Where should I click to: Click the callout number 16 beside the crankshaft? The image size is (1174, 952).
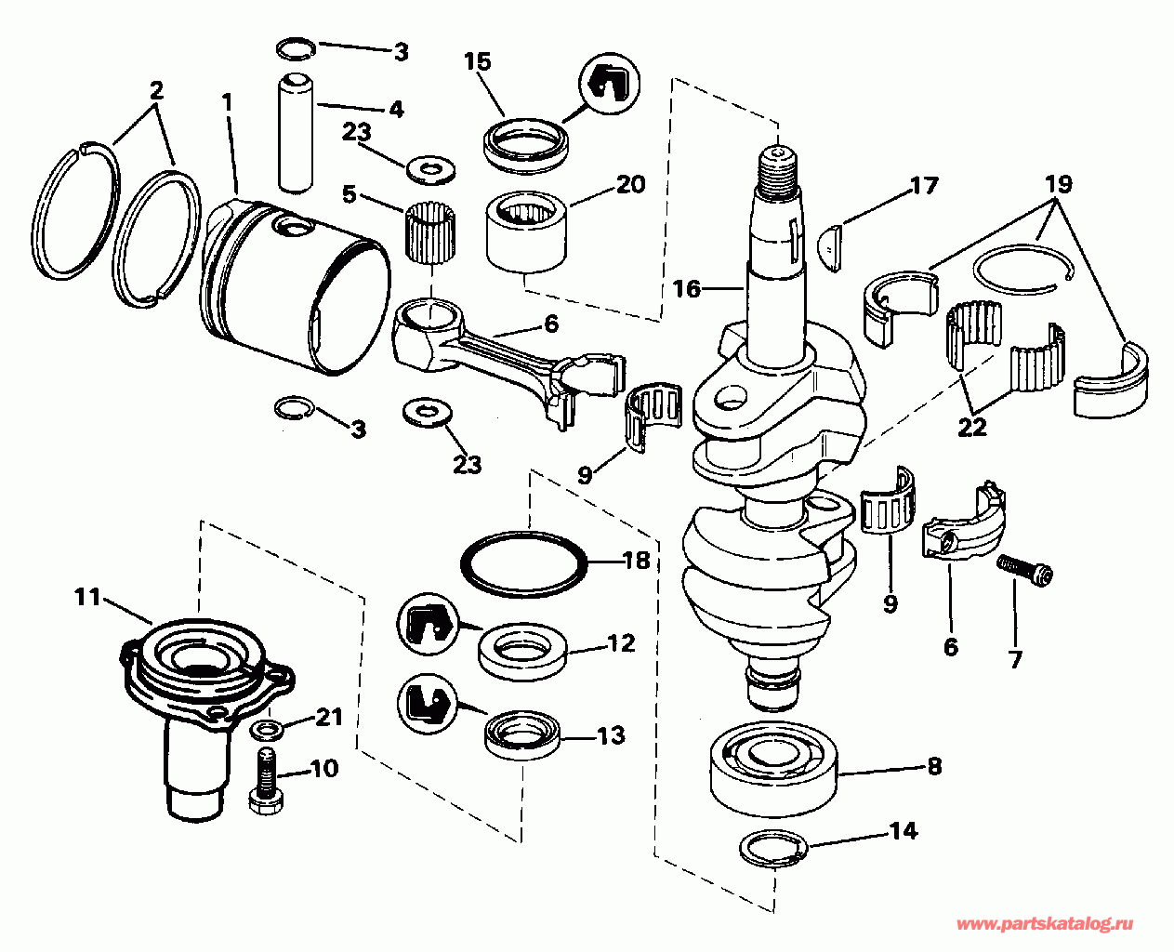[x=687, y=289]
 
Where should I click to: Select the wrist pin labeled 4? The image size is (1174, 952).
[x=296, y=132]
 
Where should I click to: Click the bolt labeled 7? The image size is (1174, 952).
[x=1024, y=572]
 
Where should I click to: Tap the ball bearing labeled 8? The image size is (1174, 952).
[x=774, y=769]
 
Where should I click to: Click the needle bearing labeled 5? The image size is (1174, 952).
[x=431, y=233]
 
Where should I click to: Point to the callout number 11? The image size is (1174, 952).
[x=88, y=598]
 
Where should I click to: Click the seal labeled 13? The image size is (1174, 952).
[x=523, y=736]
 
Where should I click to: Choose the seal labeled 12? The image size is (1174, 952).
[x=522, y=651]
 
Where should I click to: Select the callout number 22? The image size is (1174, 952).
[x=971, y=428]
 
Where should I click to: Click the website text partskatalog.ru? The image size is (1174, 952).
[x=1045, y=924]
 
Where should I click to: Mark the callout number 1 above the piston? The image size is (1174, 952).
[x=227, y=101]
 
